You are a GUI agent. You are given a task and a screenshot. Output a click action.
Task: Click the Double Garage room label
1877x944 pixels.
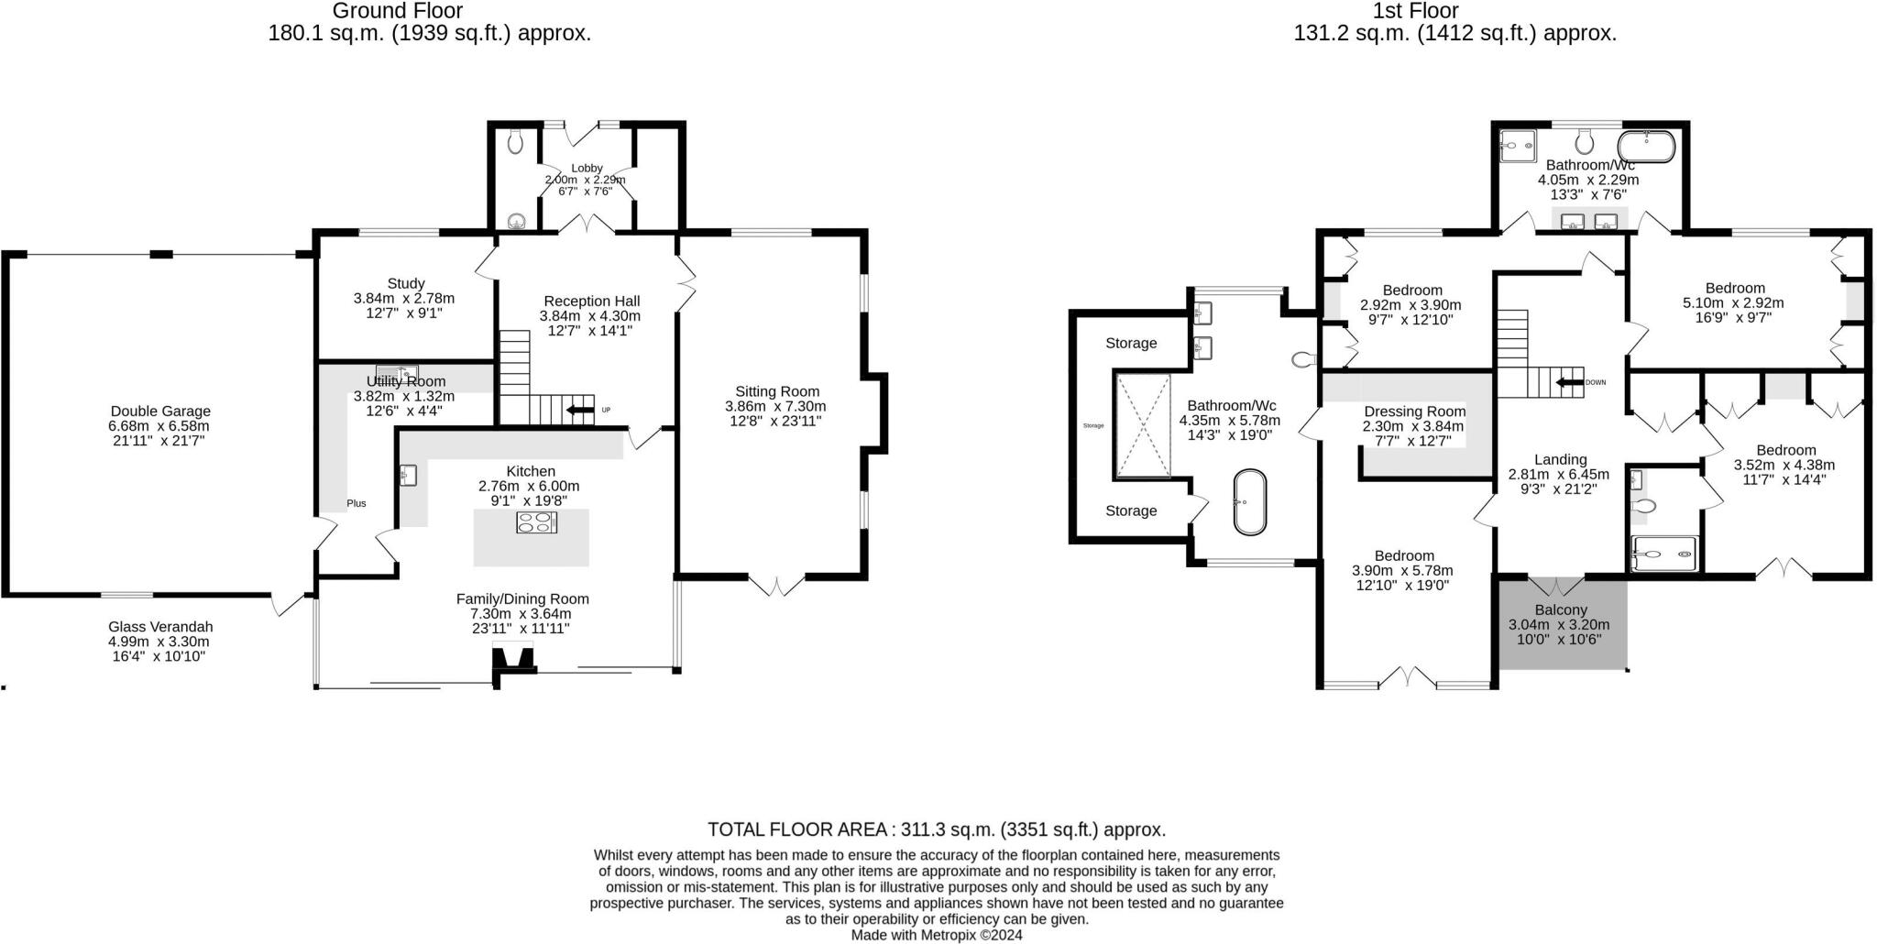(160, 412)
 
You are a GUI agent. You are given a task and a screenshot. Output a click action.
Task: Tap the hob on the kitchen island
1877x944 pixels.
(537, 522)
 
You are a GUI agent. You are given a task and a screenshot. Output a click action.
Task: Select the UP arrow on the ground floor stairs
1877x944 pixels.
(581, 410)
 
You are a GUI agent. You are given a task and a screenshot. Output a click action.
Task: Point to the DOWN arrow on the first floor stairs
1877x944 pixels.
(1570, 381)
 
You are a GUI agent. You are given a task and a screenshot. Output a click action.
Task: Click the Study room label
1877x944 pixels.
(405, 284)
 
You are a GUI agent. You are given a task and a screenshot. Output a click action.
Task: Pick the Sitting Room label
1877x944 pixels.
(777, 391)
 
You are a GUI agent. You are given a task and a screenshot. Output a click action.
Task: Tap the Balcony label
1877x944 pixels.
(1560, 609)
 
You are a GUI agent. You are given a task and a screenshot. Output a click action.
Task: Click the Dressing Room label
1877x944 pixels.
(1414, 412)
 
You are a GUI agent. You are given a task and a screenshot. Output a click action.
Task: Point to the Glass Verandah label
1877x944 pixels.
(160, 627)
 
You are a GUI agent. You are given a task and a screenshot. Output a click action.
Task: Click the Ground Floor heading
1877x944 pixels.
(397, 11)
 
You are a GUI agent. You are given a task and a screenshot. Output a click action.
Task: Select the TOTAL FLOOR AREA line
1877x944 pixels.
(937, 829)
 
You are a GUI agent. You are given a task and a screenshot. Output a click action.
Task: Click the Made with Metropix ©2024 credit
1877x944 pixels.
(937, 936)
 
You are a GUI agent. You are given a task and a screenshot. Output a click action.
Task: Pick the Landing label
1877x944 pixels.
(1560, 460)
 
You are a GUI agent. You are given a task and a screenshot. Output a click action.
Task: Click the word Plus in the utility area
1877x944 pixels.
(357, 503)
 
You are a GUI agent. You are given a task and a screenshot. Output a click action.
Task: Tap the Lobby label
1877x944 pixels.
(587, 168)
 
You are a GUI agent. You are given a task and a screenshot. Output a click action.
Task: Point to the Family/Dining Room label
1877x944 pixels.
(522, 599)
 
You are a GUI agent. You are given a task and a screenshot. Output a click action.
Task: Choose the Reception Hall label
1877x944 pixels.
(591, 301)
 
